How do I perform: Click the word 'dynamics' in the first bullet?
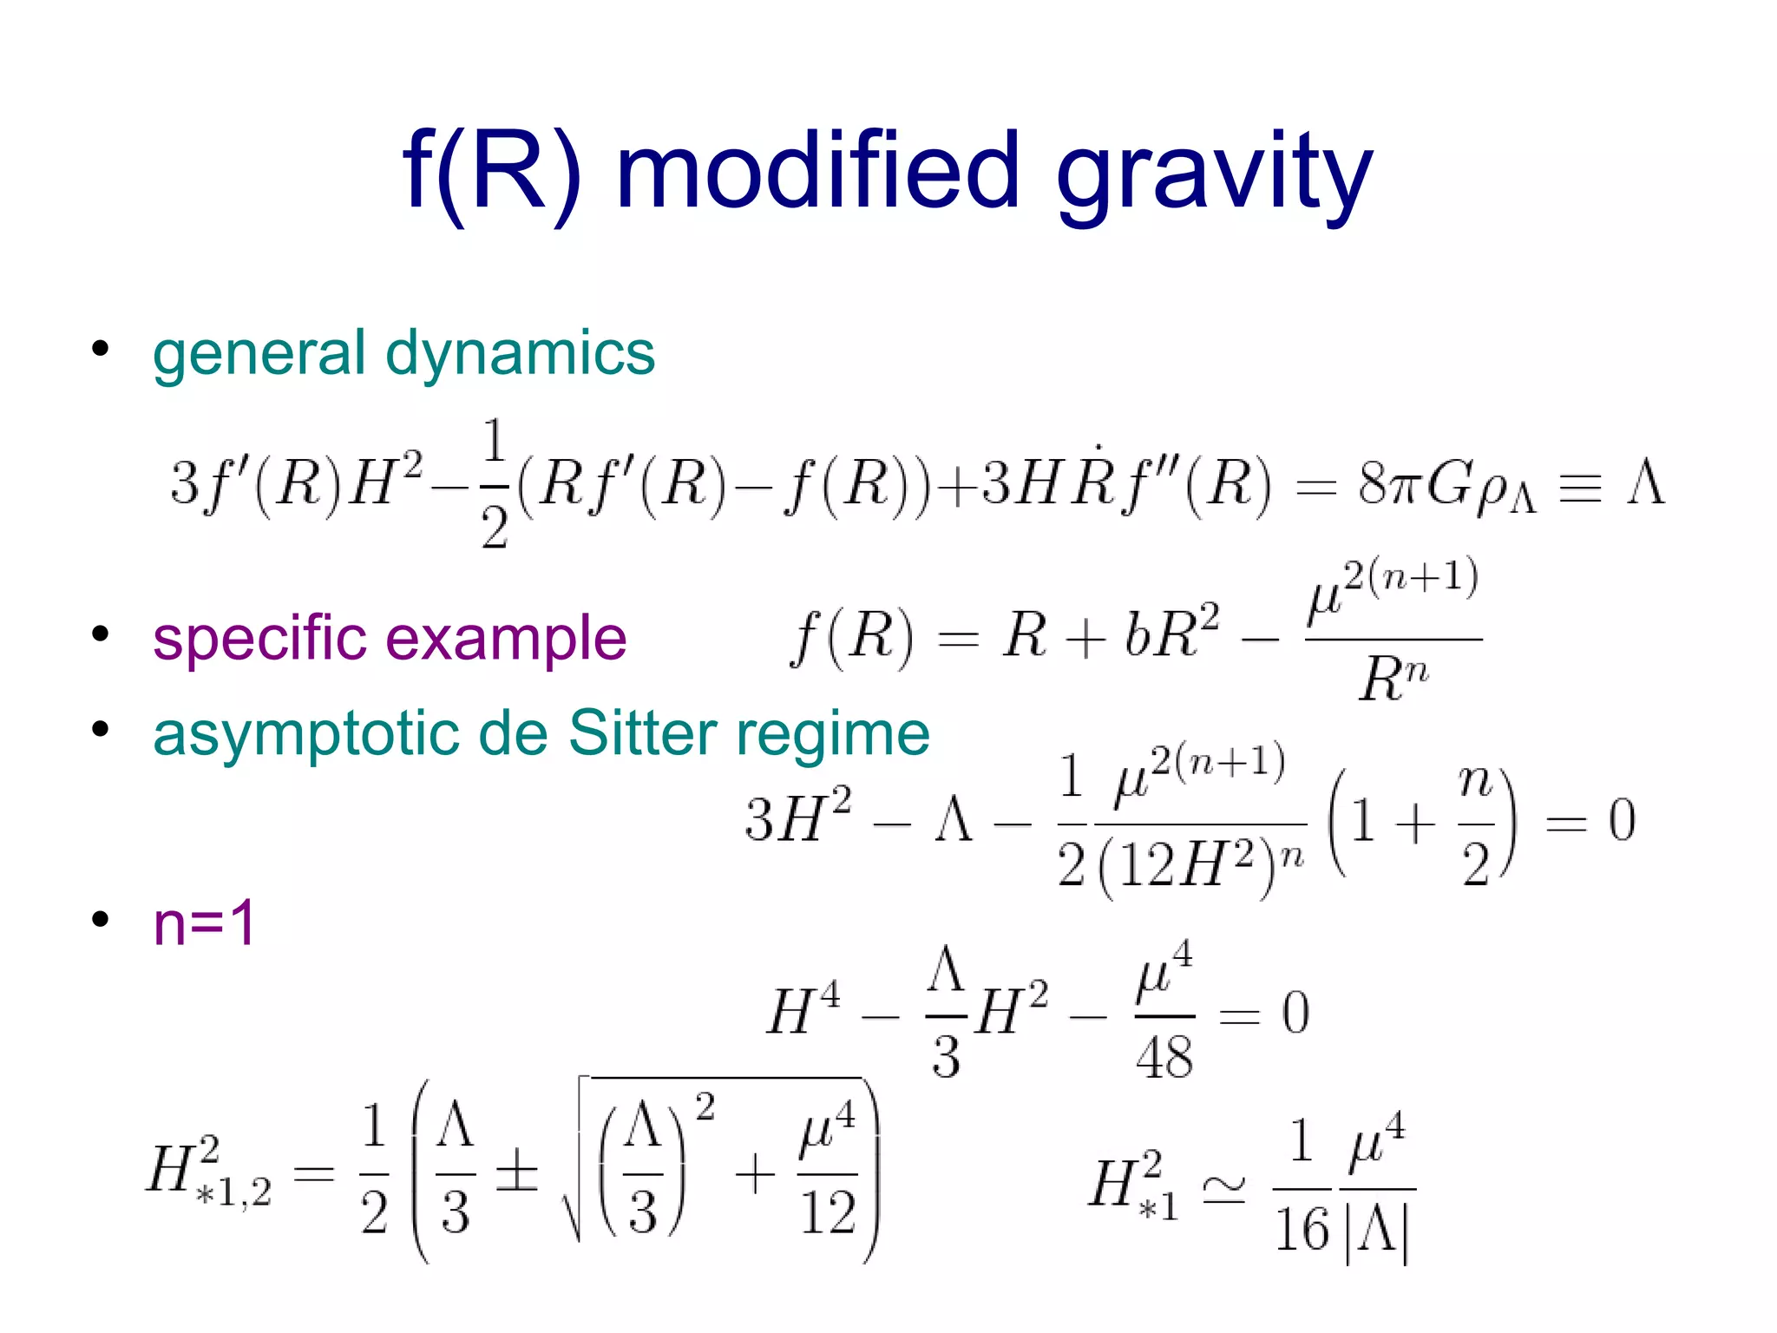(x=520, y=353)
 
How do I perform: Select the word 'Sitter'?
(x=641, y=733)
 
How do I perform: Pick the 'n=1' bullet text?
(x=204, y=923)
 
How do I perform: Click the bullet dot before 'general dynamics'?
(x=101, y=349)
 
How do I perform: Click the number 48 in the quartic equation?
(x=1164, y=1058)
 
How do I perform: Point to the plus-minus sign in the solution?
(x=516, y=1171)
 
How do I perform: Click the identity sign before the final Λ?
(x=1579, y=487)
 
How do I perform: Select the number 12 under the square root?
(x=828, y=1212)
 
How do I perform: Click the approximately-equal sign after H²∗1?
(x=1224, y=1188)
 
